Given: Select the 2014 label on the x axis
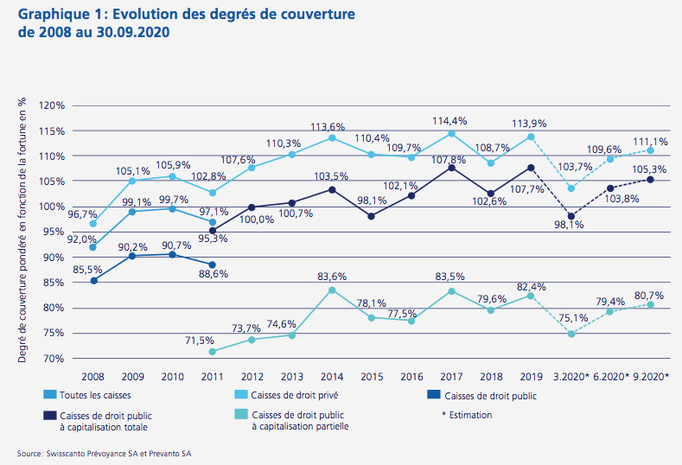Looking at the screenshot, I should (333, 377).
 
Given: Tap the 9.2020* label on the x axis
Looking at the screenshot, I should (650, 377).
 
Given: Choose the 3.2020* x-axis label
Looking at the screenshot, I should (570, 377).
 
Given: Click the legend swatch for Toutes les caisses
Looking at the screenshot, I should (51, 396).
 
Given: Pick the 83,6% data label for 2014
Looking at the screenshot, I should (333, 277).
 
